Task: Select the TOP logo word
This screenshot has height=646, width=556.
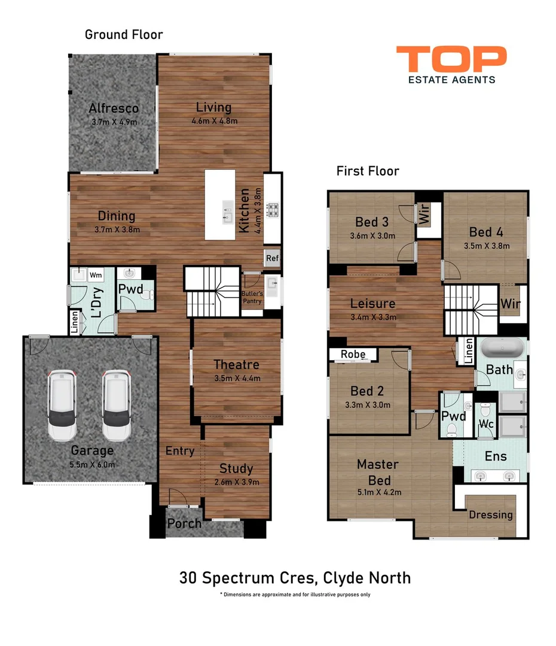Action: point(451,60)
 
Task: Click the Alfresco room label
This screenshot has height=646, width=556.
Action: point(114,108)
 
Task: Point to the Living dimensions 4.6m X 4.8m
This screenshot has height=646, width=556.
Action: point(214,121)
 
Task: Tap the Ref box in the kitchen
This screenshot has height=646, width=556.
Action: point(272,258)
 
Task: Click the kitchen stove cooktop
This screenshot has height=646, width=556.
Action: point(273,210)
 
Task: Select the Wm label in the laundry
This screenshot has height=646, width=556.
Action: point(95,275)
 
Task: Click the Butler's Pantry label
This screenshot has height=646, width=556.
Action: point(252,297)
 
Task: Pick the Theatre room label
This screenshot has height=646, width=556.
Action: point(236,364)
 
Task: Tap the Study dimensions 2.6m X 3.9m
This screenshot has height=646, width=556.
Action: point(236,482)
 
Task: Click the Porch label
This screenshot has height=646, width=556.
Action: point(184,523)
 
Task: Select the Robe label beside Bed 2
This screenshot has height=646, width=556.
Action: point(353,354)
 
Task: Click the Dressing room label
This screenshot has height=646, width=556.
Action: point(491,514)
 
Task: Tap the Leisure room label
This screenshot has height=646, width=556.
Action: point(372,303)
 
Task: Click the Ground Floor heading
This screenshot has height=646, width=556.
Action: point(124,34)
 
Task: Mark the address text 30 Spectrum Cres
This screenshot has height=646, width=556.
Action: point(248,578)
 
